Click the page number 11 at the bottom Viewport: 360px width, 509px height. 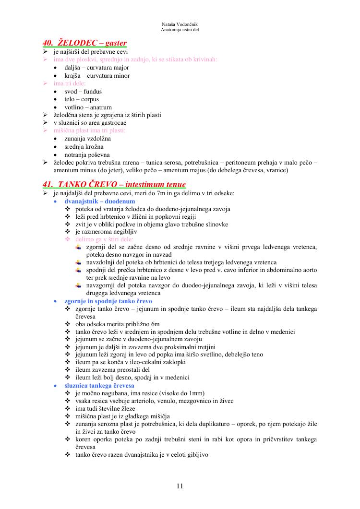pos(180,486)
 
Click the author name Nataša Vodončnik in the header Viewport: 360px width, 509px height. pos(180,24)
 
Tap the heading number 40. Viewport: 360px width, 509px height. pos(48,43)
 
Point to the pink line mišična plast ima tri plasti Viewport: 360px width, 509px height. pos(90,130)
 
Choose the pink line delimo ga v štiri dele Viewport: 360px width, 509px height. pos(105,239)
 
